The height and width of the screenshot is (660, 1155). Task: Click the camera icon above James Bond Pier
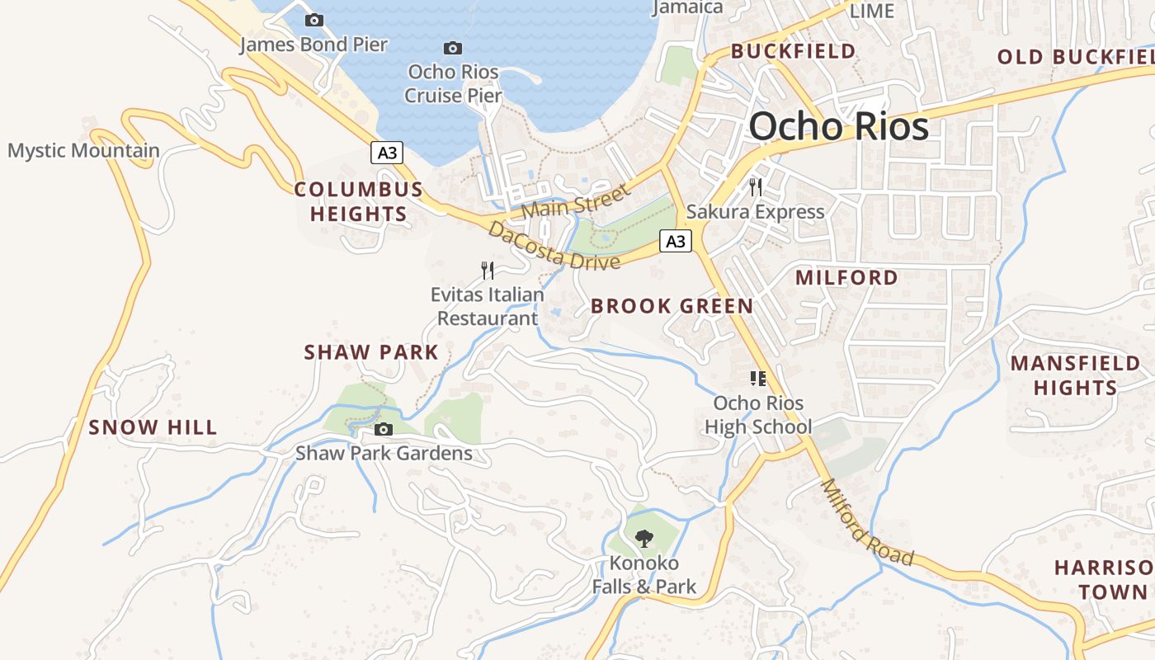coord(314,20)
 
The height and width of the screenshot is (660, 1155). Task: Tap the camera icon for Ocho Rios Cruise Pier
coord(453,48)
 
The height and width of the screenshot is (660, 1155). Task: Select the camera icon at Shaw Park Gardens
coord(384,429)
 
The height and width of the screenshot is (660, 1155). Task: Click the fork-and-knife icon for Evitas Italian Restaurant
coord(488,270)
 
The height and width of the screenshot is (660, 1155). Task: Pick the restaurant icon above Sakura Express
coord(756,187)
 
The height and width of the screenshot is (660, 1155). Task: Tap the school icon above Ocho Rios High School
coord(757,379)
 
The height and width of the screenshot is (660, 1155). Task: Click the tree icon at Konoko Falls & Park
coord(644,539)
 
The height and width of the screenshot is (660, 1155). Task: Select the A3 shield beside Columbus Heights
coord(386,153)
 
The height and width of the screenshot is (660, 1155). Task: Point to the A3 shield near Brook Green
coord(676,241)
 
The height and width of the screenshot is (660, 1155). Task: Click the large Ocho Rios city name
coord(838,126)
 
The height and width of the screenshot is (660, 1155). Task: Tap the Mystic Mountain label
coord(83,151)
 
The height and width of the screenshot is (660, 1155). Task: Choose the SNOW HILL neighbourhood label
coord(153,427)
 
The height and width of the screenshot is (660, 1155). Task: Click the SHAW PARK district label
coord(371,352)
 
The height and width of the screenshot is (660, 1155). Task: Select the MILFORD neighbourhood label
coord(846,278)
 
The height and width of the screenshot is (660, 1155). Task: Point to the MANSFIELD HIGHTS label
coord(1075,375)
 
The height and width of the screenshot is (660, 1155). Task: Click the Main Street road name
coord(575,201)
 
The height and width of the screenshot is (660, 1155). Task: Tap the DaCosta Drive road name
coord(554,246)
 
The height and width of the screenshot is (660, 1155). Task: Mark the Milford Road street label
coord(868,523)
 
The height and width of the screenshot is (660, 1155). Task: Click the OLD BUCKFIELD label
coord(1075,57)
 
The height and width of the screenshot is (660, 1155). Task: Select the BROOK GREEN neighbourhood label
coord(672,306)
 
